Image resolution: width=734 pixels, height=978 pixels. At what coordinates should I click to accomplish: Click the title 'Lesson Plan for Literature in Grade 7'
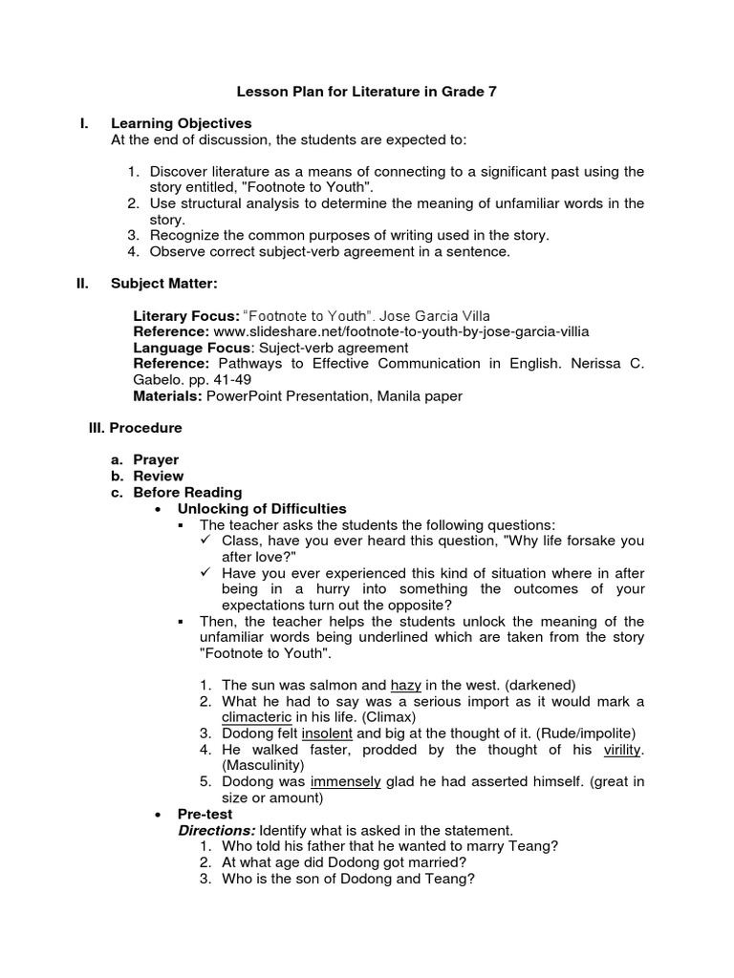pyautogui.click(x=367, y=93)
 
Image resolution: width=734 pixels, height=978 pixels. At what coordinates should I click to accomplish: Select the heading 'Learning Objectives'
pyautogui.click(x=181, y=123)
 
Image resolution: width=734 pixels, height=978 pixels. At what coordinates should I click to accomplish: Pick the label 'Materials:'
pyautogui.click(x=168, y=396)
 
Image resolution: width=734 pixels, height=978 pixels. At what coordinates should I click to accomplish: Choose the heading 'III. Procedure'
pyautogui.click(x=134, y=428)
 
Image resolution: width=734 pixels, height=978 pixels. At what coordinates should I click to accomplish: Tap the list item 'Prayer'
pyautogui.click(x=156, y=459)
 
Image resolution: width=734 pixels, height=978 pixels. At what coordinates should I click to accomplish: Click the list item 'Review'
pyautogui.click(x=158, y=476)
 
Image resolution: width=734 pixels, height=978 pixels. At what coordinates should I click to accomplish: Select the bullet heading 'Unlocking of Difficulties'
pyautogui.click(x=262, y=508)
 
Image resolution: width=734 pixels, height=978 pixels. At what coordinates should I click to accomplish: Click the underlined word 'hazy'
pyautogui.click(x=406, y=685)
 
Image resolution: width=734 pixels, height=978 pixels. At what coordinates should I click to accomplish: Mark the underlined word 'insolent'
pyautogui.click(x=327, y=733)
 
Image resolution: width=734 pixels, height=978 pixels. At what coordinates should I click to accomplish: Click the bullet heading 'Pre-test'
pyautogui.click(x=205, y=814)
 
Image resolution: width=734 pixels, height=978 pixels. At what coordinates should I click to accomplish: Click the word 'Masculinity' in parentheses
pyautogui.click(x=263, y=765)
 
